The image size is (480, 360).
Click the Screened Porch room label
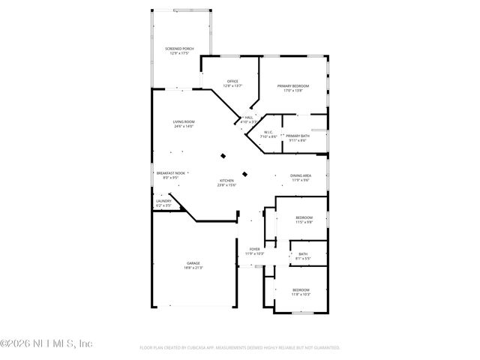[x=179, y=49]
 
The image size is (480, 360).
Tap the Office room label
[x=232, y=81]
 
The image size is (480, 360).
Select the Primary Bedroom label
[x=293, y=86]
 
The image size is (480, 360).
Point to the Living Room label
[x=184, y=121]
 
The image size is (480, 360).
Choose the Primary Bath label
[x=296, y=136]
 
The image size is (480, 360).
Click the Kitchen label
[x=227, y=181]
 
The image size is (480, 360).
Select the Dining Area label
[x=301, y=175]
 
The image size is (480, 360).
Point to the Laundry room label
[x=163, y=200]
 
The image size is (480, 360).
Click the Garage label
[x=193, y=262]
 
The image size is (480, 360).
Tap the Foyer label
[x=254, y=248]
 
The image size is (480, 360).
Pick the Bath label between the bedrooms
[x=303, y=254]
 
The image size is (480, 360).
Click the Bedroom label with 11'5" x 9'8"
[x=304, y=217]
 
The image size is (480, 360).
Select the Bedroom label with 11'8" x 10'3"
[x=300, y=289]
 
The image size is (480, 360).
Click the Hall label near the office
[x=248, y=117]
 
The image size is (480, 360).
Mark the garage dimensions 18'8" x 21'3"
[x=193, y=268]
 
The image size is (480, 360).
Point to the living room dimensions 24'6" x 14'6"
[x=184, y=127]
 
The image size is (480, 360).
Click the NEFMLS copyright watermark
[x=46, y=343]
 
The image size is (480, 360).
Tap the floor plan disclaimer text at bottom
[x=240, y=348]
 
